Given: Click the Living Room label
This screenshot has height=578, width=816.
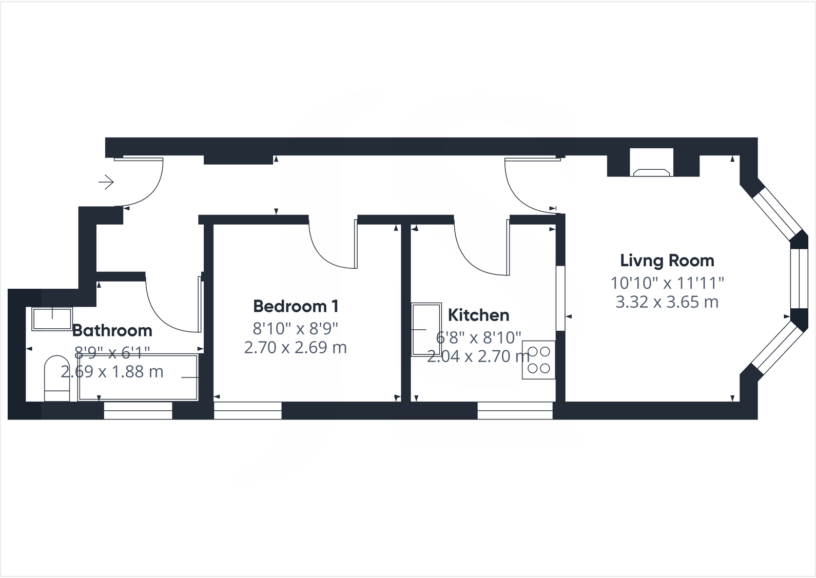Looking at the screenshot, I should tap(667, 261).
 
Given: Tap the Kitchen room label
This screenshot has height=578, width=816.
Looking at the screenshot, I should tap(478, 315).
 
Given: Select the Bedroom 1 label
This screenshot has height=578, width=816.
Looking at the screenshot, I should tap(296, 306).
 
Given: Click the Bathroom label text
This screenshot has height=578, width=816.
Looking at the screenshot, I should tap(112, 330).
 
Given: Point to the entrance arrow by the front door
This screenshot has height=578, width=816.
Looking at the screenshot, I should tap(106, 182).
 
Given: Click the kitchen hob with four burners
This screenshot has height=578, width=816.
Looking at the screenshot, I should tap(538, 360).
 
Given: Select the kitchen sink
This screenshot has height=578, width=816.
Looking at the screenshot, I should tap(426, 329).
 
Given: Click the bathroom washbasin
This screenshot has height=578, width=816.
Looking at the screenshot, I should tap(52, 318).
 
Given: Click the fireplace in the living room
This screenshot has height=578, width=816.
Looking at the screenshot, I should tap(652, 169).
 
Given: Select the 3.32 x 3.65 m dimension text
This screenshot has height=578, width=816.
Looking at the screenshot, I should tap(667, 302).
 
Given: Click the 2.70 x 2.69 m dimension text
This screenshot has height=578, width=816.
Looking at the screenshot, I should tap(296, 348).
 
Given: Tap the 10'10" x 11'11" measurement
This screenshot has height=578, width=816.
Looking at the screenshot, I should tap(667, 283).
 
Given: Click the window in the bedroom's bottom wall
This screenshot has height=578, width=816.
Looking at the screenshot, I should tap(247, 411).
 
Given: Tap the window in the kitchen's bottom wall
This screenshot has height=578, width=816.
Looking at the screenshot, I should tap(515, 411).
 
